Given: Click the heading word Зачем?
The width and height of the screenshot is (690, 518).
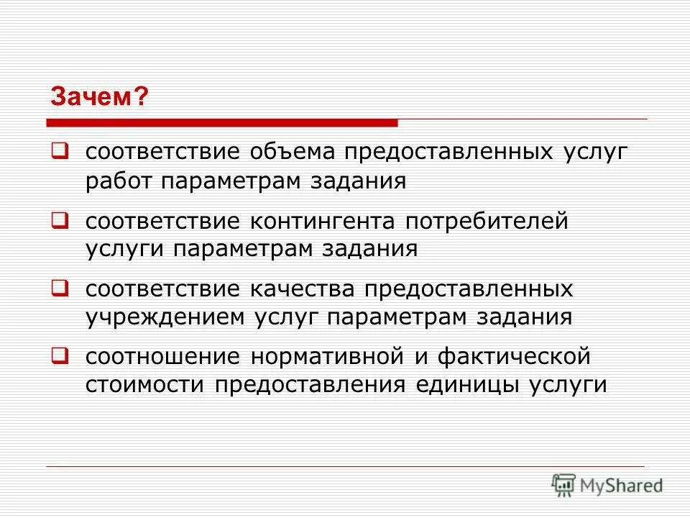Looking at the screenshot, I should tap(99, 96).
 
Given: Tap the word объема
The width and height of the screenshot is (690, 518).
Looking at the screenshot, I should tap(294, 152).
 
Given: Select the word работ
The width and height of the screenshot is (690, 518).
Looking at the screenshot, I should tap(119, 181).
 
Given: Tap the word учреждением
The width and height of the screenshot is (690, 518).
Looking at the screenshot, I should tap(165, 317).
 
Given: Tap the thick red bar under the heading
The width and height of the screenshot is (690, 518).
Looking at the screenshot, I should tap(223, 122).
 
